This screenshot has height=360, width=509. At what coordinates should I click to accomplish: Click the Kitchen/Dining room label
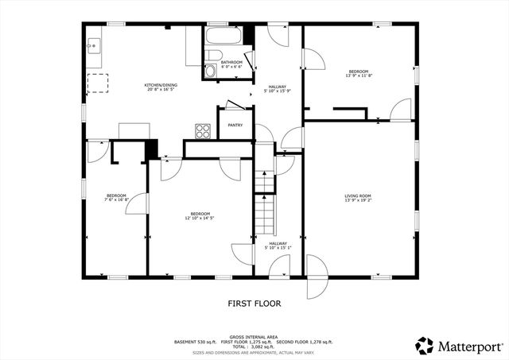tap(160, 85)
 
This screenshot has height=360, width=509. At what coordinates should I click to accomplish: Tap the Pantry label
tap(235, 125)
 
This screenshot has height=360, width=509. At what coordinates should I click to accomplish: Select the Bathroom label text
tap(231, 62)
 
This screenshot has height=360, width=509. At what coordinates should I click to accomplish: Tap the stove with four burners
tap(203, 130)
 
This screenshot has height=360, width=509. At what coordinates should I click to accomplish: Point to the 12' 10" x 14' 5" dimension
tap(200, 218)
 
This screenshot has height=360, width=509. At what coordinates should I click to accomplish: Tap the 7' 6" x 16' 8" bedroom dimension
tap(116, 200)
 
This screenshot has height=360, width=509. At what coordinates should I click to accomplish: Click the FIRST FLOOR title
tap(254, 303)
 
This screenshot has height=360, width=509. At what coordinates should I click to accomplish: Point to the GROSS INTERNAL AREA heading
tap(254, 337)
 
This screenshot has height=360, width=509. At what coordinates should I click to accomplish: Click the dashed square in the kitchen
tap(99, 83)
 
